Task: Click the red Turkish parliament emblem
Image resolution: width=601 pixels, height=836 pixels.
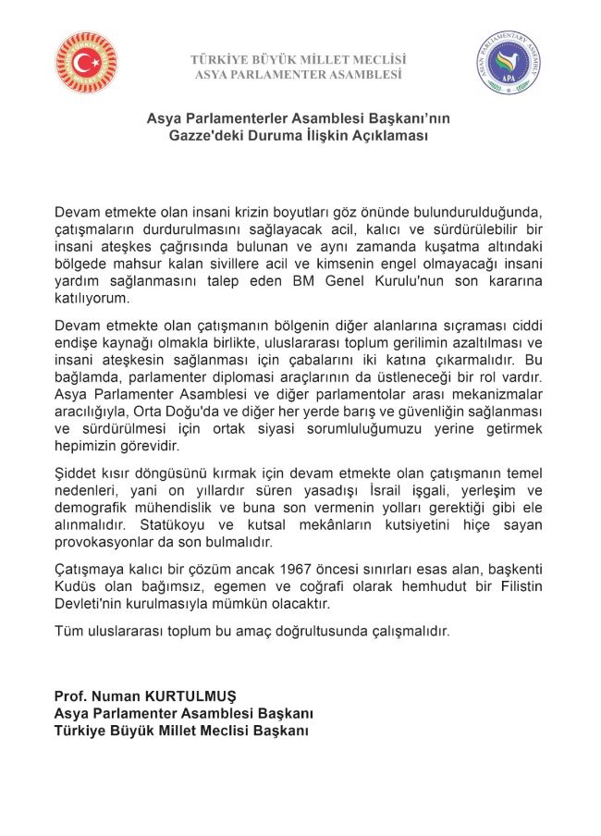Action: click(87, 63)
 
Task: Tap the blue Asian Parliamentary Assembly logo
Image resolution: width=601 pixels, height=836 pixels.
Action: click(509, 63)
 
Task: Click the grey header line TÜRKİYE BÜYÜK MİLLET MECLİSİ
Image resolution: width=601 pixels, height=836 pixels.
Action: click(299, 59)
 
